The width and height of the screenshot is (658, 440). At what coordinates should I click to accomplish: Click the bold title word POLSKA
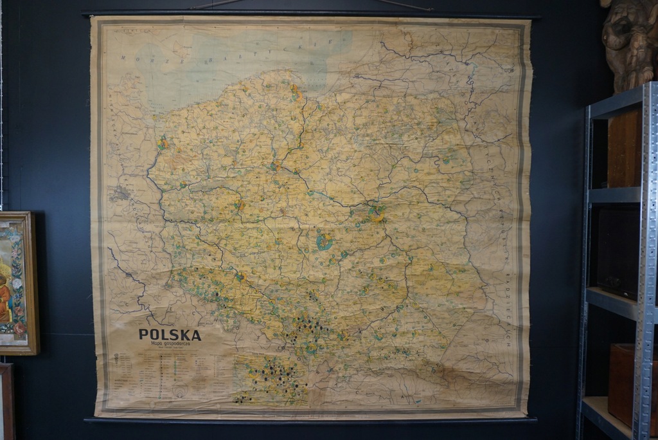[170, 335]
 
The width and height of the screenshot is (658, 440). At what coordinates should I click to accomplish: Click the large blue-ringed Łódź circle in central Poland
[325, 242]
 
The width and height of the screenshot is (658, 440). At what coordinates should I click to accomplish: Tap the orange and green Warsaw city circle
[376, 213]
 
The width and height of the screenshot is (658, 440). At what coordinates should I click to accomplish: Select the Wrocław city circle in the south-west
[241, 277]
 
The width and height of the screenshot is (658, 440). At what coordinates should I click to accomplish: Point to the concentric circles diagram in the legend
[180, 391]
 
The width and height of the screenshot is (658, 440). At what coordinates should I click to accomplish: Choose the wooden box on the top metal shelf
[624, 149]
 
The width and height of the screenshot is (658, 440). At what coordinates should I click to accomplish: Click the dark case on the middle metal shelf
[618, 251]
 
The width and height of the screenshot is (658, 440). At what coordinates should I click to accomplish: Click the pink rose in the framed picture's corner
[20, 328]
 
